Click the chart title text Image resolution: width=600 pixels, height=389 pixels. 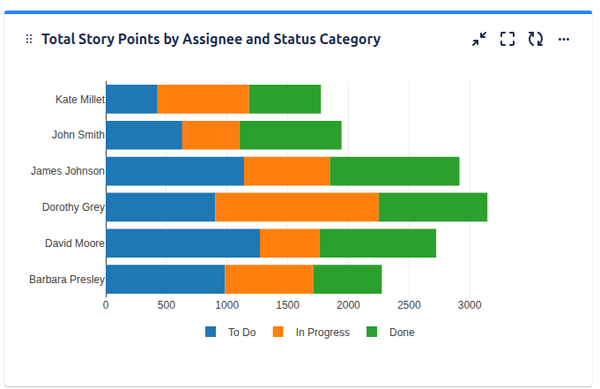211,39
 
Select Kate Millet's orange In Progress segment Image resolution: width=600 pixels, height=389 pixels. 203,99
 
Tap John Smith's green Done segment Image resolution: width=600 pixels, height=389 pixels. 290,135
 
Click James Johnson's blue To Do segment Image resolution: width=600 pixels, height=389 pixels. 174,171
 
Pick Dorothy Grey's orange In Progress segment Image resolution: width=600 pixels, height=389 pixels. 296,207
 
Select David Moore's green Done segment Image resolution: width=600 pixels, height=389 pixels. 377,243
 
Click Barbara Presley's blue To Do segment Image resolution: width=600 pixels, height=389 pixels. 165,279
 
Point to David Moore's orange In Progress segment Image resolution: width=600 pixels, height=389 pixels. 289,243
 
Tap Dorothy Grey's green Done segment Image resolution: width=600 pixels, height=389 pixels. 433,207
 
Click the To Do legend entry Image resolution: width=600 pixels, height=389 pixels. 231,333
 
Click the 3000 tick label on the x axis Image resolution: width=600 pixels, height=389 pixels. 470,305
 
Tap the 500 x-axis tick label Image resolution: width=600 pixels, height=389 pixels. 167,305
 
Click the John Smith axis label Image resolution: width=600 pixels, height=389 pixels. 78,135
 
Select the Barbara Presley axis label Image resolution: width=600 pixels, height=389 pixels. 66,280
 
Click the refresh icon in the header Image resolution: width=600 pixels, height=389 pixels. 535,39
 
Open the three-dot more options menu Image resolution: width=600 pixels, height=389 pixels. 564,39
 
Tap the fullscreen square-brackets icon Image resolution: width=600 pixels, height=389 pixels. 507,39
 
